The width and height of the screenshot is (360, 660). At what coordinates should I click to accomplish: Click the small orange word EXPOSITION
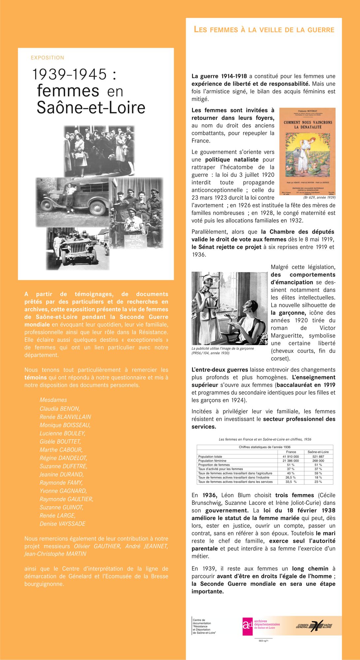48,58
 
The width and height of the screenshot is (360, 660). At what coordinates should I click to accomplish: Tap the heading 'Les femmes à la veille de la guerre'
264,30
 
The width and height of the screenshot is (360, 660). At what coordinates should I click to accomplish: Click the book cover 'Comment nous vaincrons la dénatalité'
307,152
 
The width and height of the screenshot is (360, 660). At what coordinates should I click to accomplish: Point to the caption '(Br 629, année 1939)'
319,197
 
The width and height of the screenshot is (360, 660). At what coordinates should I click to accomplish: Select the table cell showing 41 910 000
291,457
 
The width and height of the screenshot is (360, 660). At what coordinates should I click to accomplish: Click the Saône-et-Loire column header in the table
318,452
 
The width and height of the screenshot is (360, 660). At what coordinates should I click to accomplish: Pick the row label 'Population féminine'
212,461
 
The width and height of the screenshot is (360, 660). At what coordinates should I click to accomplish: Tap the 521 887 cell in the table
318,457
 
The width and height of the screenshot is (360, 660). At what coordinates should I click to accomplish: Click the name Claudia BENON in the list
60,409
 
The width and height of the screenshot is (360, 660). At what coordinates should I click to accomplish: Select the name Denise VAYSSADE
62,524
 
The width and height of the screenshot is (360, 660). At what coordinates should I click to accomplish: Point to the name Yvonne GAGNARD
63,491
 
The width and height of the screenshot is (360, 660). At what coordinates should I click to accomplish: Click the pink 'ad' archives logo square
247,626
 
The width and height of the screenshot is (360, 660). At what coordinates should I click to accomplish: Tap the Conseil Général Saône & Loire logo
314,625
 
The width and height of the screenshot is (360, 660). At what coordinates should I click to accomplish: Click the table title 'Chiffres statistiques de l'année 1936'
265,447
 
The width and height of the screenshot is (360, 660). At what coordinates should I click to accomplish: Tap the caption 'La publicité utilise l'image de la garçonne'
223,348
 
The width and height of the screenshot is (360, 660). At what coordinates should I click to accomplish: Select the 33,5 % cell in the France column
291,482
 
